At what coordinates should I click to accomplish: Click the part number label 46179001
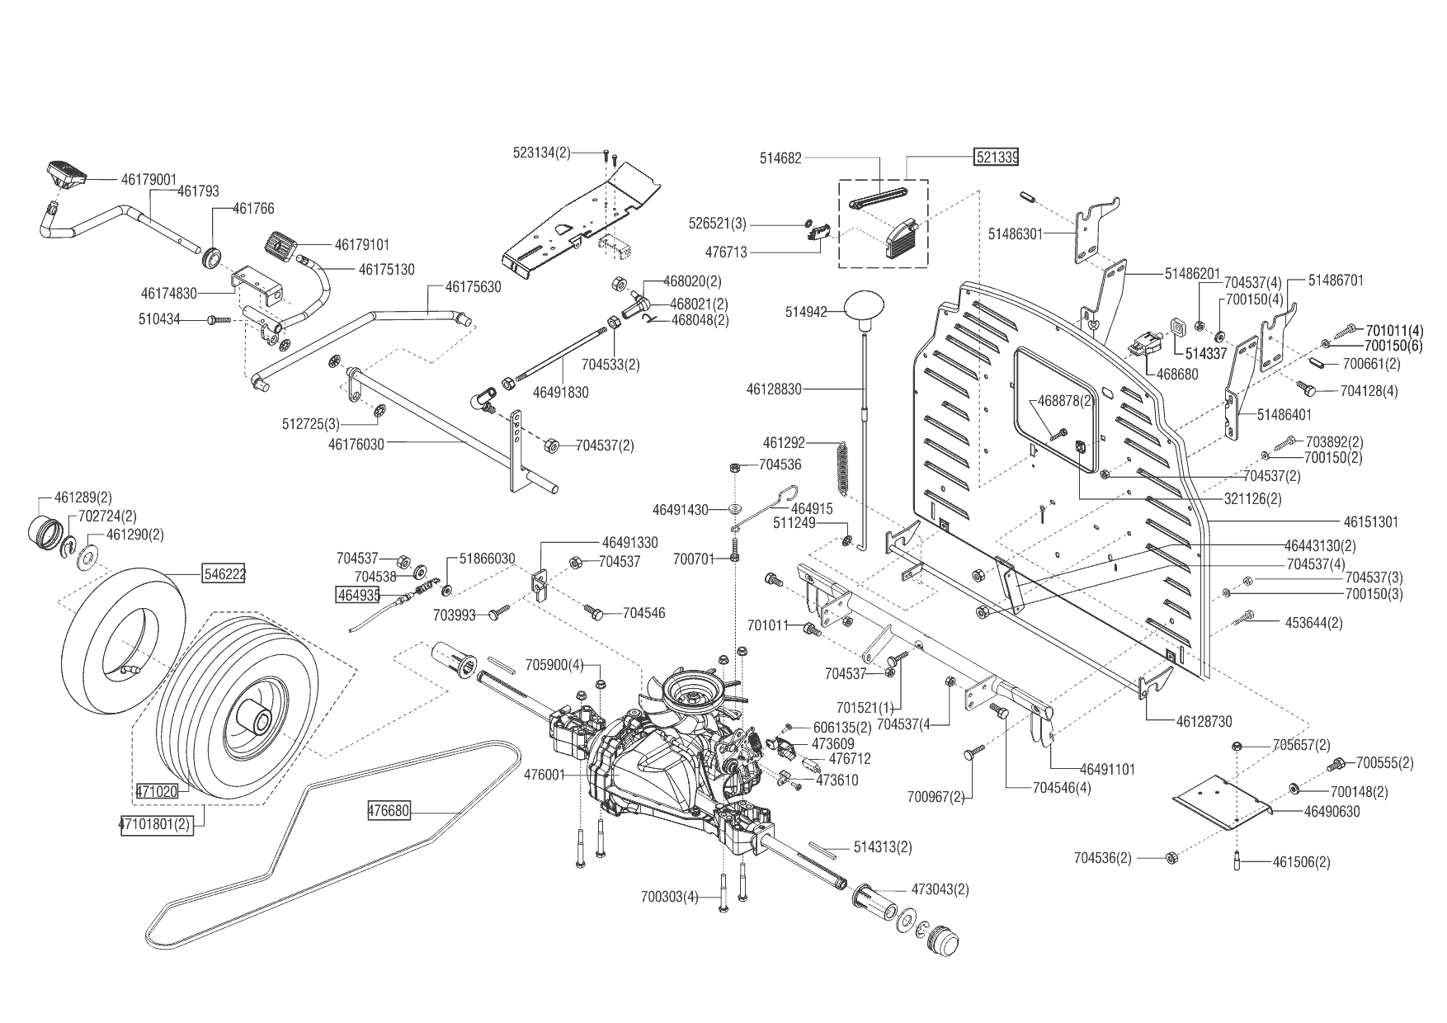pyautogui.click(x=148, y=179)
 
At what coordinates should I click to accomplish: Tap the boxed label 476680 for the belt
pyautogui.click(x=389, y=812)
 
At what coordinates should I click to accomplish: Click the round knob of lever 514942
pyautogui.click(x=865, y=309)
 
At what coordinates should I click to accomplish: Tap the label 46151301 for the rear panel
pyautogui.click(x=1371, y=522)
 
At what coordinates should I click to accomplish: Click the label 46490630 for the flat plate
pyautogui.click(x=1332, y=812)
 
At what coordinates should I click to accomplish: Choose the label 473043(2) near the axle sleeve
pyautogui.click(x=940, y=889)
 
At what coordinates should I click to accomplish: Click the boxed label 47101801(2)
pyautogui.click(x=157, y=824)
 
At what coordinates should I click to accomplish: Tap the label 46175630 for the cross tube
pyautogui.click(x=473, y=287)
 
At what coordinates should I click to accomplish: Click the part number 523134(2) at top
pyautogui.click(x=542, y=153)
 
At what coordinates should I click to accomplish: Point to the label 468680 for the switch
pyautogui.click(x=1177, y=374)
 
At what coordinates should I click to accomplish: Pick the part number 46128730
pyautogui.click(x=1204, y=722)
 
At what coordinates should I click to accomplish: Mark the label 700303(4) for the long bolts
pyautogui.click(x=669, y=897)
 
